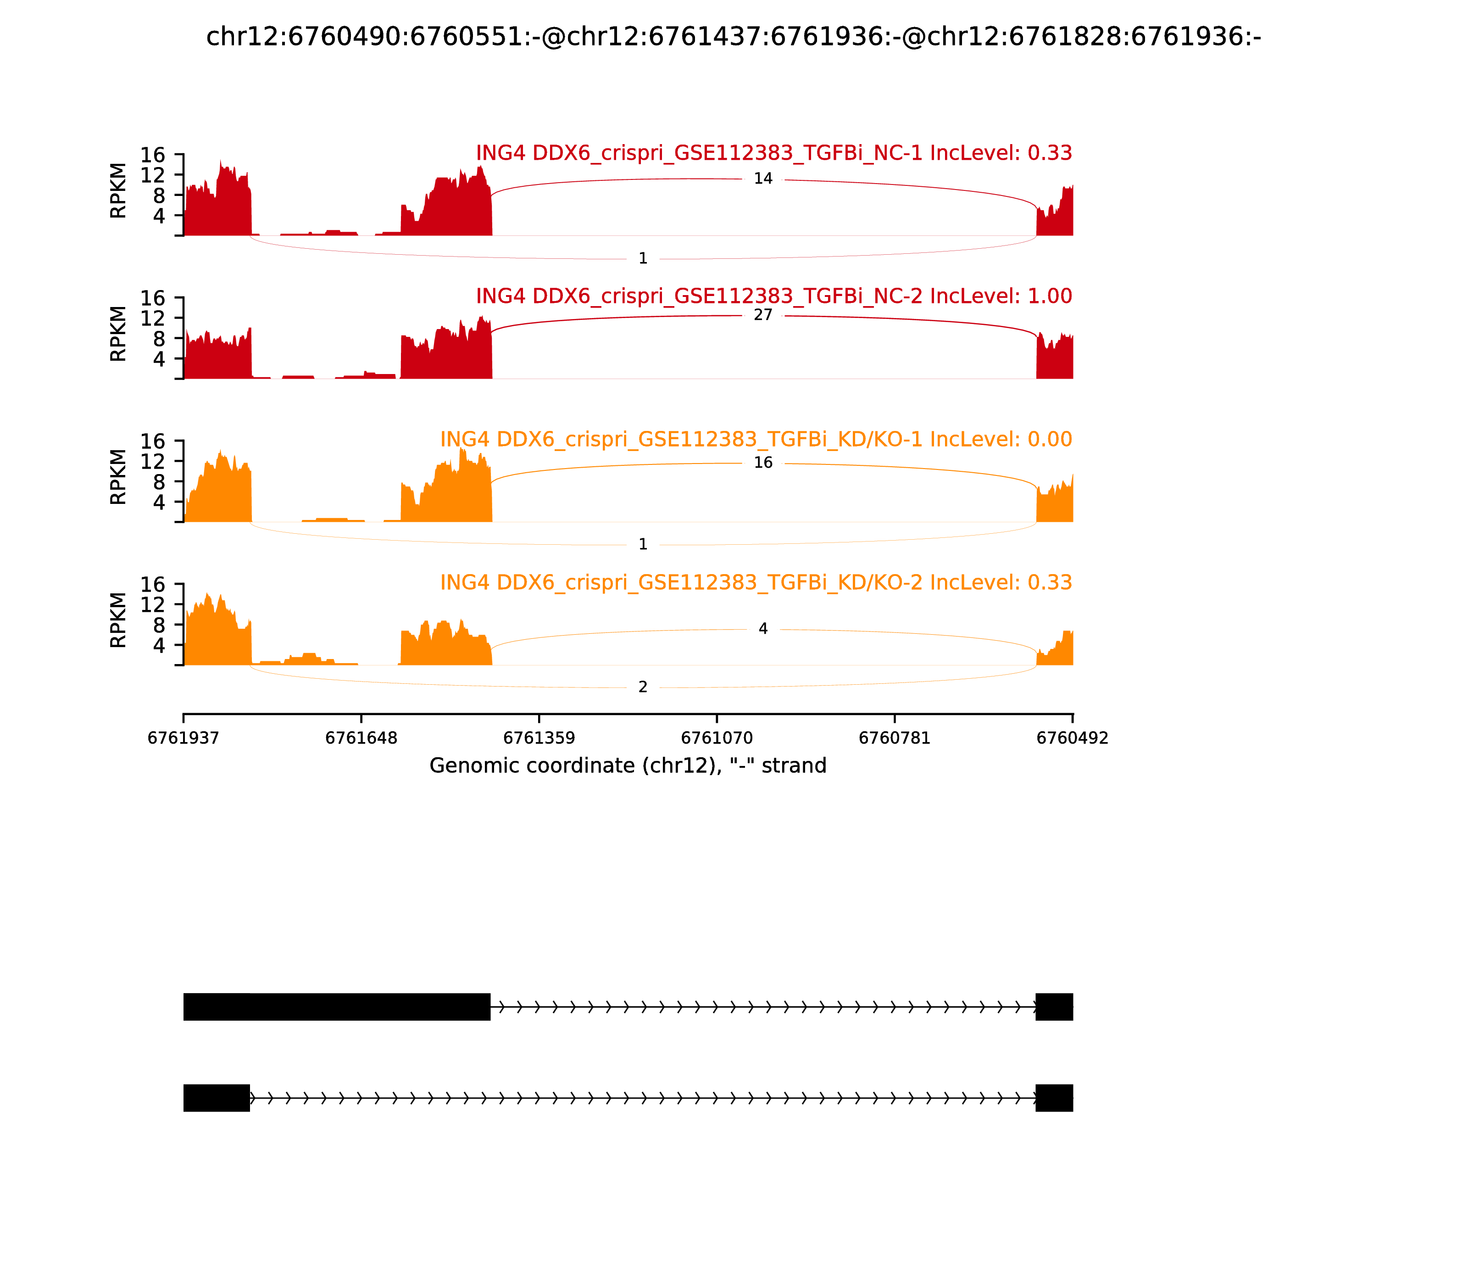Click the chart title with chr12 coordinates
(x=733, y=37)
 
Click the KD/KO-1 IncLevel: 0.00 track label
(x=756, y=440)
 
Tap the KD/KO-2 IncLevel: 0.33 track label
(x=756, y=582)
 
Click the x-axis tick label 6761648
(x=361, y=738)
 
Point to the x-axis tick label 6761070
(x=717, y=738)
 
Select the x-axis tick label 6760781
(x=895, y=738)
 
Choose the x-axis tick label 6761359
(x=539, y=738)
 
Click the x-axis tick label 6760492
(x=1073, y=738)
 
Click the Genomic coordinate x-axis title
(x=628, y=766)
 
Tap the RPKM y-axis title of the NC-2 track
(x=118, y=334)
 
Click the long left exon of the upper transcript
(x=337, y=1007)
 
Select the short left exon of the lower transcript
(x=217, y=1098)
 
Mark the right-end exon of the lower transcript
(x=1054, y=1098)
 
